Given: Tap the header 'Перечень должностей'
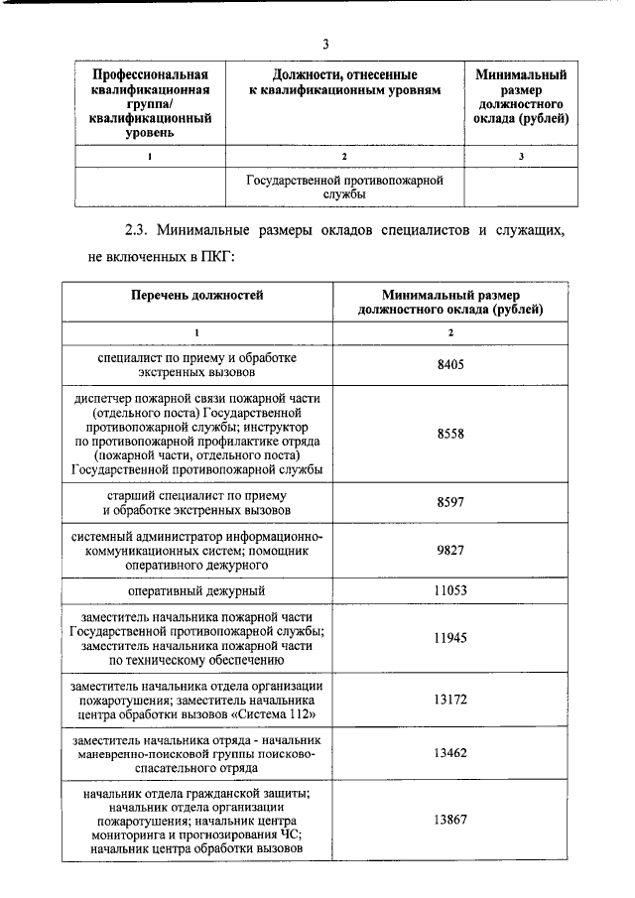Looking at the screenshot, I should (x=196, y=295).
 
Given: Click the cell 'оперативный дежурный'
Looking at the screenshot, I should (x=196, y=590).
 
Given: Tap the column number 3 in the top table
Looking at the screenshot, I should (x=520, y=157).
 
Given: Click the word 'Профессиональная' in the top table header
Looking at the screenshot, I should (x=150, y=75).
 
